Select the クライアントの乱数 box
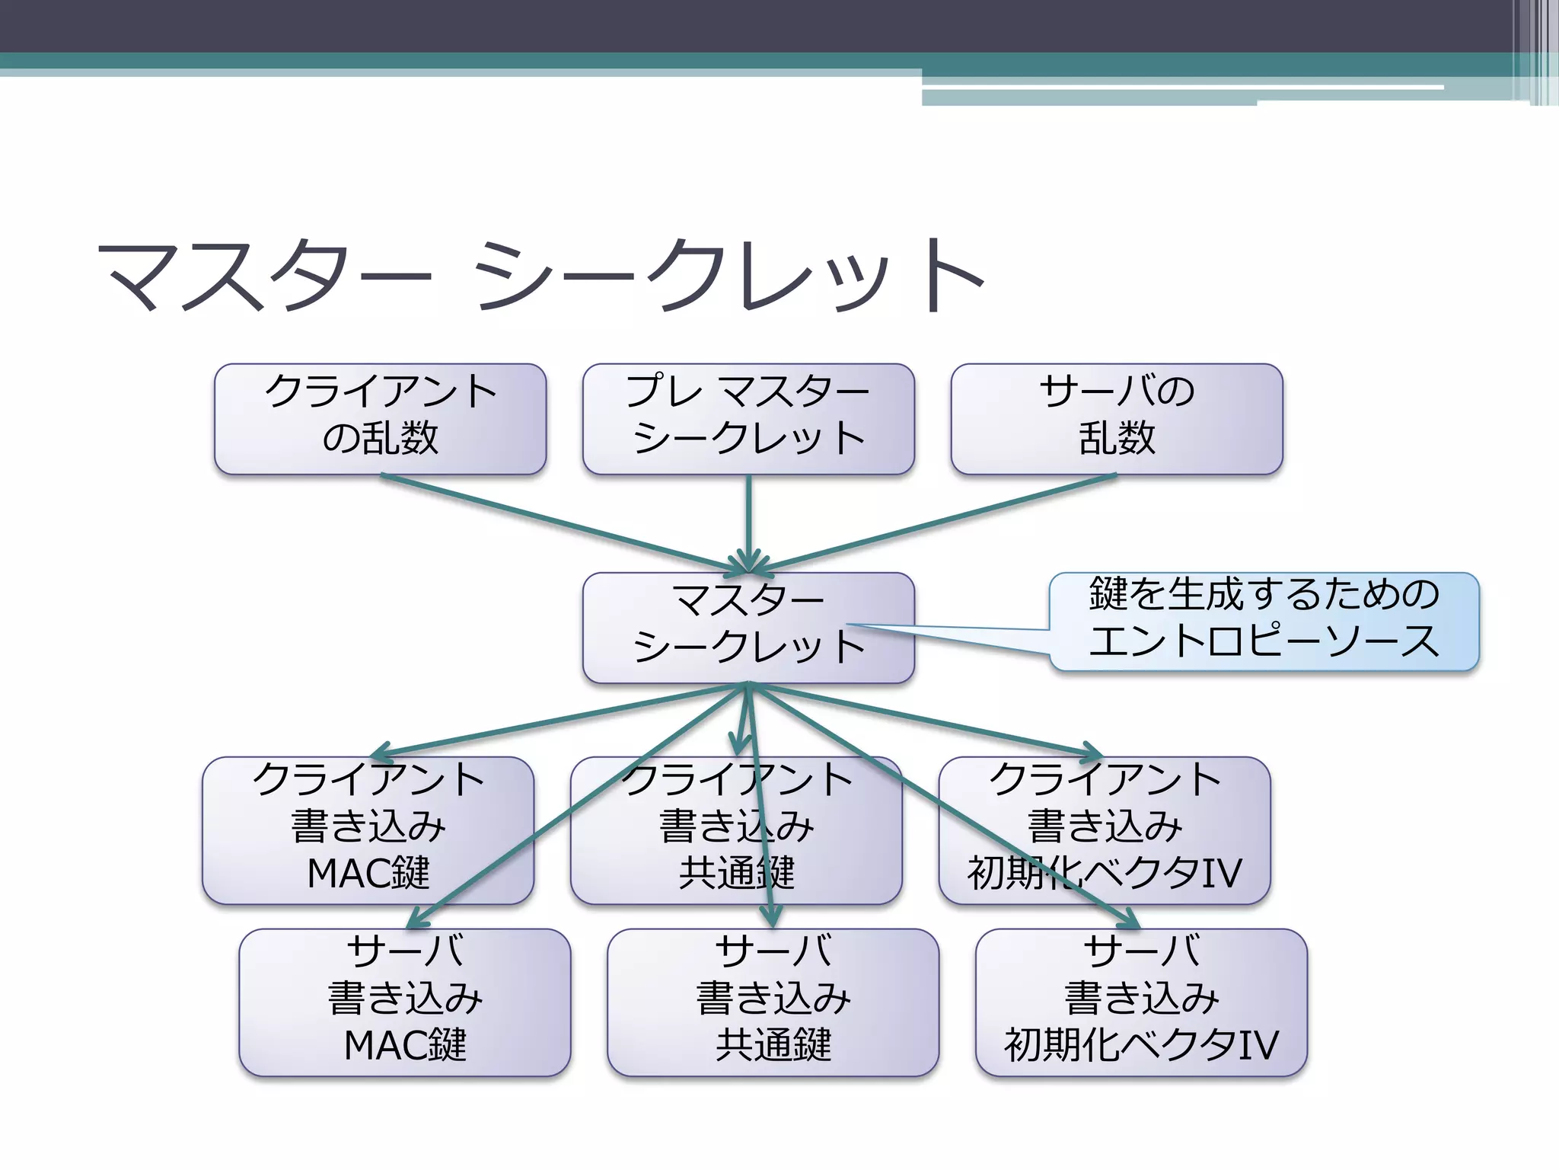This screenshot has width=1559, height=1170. (x=380, y=418)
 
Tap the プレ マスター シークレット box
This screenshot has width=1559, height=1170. (x=748, y=418)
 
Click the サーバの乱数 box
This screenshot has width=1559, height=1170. (x=1117, y=418)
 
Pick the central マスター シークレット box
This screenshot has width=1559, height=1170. (x=748, y=627)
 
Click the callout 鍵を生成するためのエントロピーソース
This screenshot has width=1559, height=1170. (x=1264, y=621)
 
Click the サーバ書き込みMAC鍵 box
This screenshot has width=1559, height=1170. (x=405, y=1002)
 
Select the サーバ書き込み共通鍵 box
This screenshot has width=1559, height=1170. (x=773, y=1002)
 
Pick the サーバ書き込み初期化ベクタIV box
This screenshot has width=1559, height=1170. (x=1141, y=1002)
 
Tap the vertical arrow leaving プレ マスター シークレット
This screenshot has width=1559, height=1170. (x=748, y=518)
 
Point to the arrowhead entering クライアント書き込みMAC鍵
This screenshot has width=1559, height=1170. (x=378, y=753)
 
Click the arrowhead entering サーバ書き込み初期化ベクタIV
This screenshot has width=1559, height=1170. (x=1132, y=922)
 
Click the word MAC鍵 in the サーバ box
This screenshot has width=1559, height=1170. (x=405, y=1045)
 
